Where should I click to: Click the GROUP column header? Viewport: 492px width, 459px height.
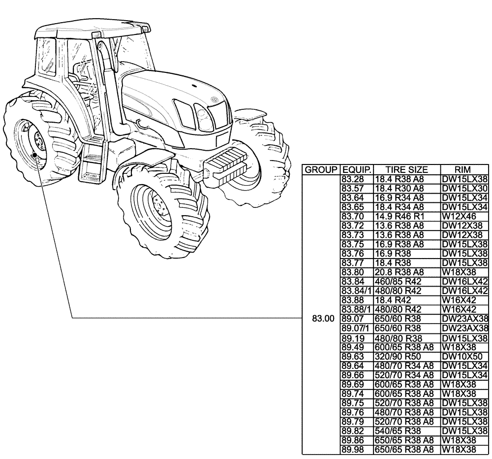[x=321, y=170]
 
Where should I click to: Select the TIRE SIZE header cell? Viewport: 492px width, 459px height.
[x=406, y=170]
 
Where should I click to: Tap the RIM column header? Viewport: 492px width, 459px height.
[x=464, y=170]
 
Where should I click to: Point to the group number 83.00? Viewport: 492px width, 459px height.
[x=321, y=319]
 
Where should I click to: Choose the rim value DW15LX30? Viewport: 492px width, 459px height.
[x=464, y=188]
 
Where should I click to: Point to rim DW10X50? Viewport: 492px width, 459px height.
[x=461, y=356]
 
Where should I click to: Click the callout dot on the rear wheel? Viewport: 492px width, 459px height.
[x=34, y=156]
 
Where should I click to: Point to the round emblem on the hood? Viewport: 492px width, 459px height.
[x=215, y=100]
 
